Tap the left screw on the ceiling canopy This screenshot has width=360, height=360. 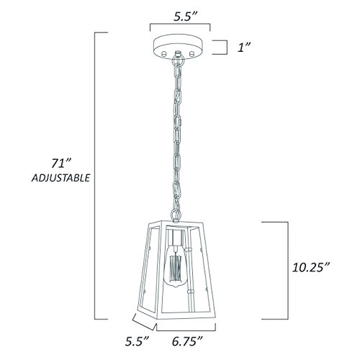[x=165, y=54]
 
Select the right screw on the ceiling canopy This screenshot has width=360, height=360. [x=195, y=54]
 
